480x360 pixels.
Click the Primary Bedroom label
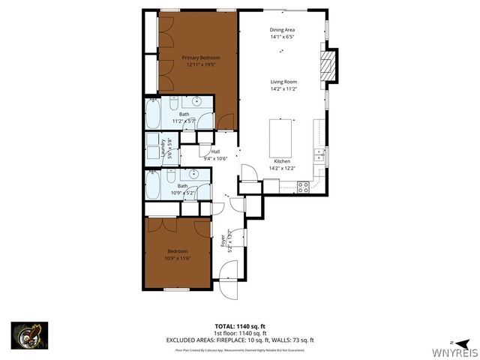[x=199, y=58]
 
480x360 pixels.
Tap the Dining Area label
[x=283, y=30]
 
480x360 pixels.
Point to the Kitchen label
[x=282, y=161]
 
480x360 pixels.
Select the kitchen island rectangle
[x=282, y=136]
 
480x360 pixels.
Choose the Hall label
[x=205, y=150]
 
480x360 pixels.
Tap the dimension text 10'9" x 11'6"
[x=178, y=257]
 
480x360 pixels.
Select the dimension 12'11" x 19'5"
[x=199, y=64]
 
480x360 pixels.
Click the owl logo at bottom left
[x=29, y=334]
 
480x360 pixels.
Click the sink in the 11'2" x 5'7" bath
[x=198, y=100]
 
